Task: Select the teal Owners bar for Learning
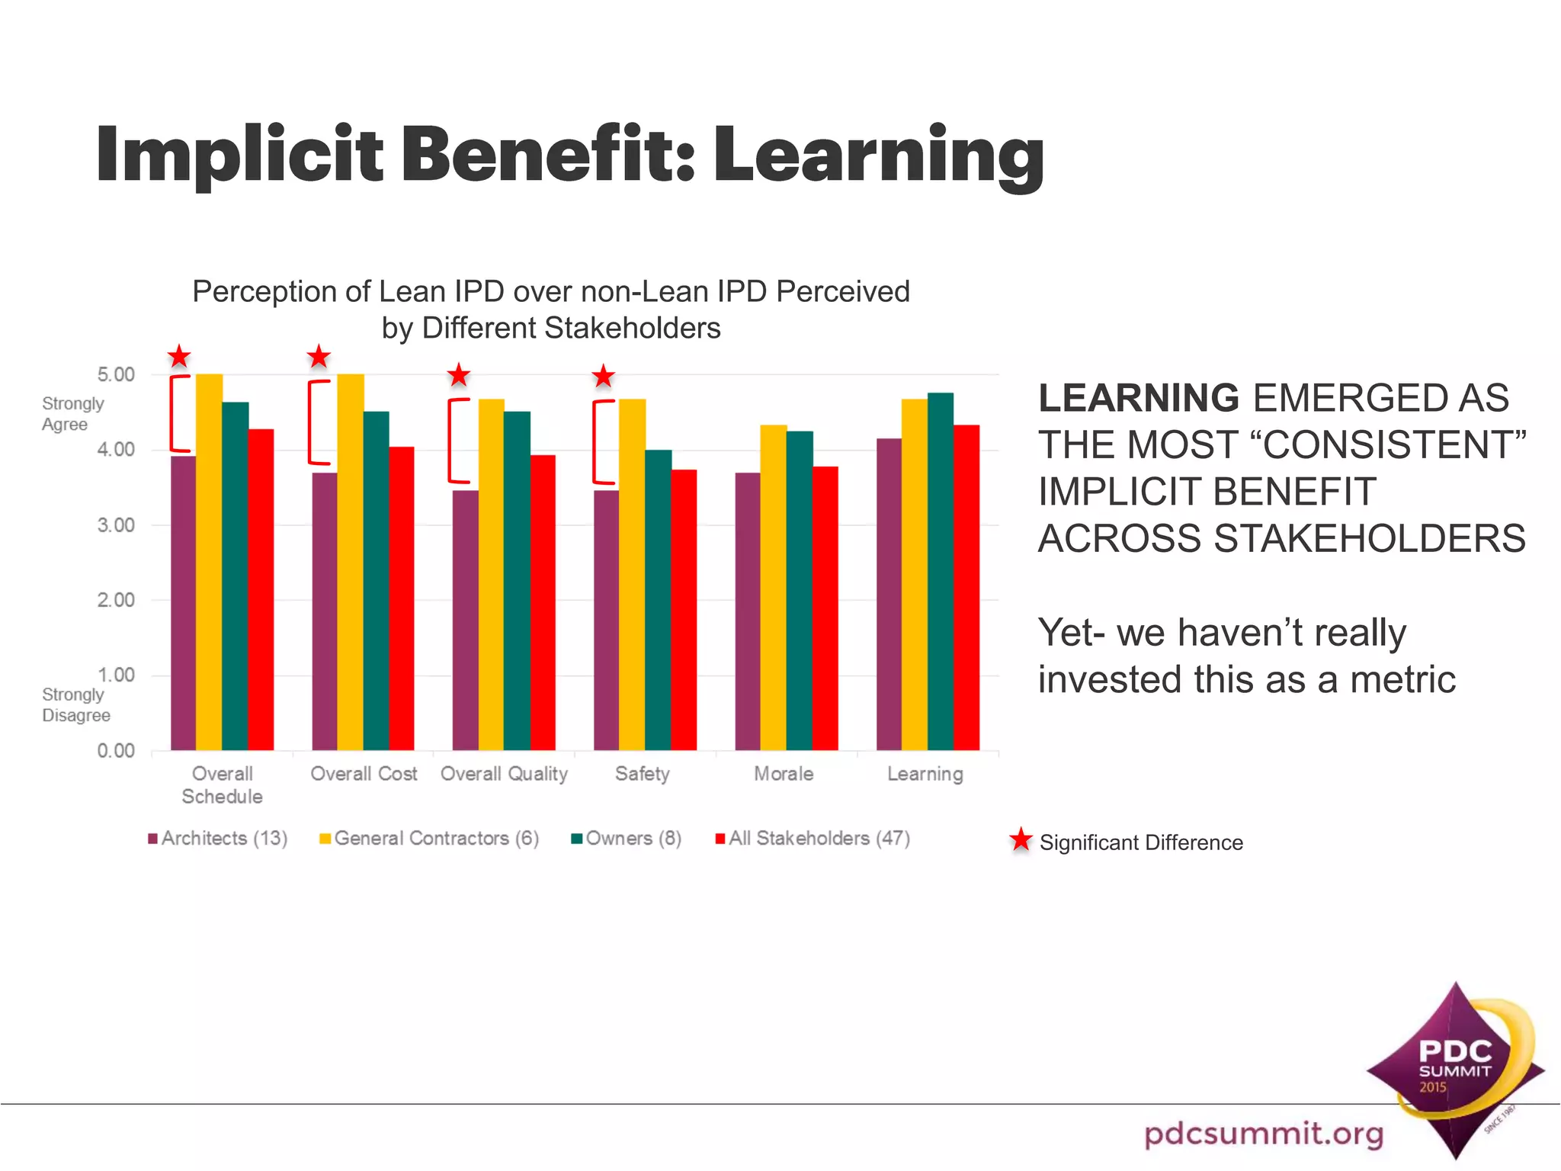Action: click(x=940, y=572)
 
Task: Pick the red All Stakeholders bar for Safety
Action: click(x=684, y=610)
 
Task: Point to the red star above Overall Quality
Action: click(x=458, y=375)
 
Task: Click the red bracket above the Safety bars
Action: click(x=601, y=442)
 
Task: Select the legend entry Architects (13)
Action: click(x=218, y=839)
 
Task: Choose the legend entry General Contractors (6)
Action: click(x=430, y=839)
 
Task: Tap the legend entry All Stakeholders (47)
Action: click(x=813, y=839)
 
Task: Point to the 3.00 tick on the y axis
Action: click(x=116, y=525)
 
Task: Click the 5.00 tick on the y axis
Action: click(x=116, y=374)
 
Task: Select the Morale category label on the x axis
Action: click(x=784, y=774)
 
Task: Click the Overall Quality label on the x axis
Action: click(x=504, y=774)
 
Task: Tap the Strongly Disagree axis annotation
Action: click(x=75, y=705)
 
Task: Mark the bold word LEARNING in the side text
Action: click(x=1139, y=398)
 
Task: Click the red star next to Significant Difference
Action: click(x=1021, y=840)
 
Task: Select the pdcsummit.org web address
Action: click(x=1263, y=1134)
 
